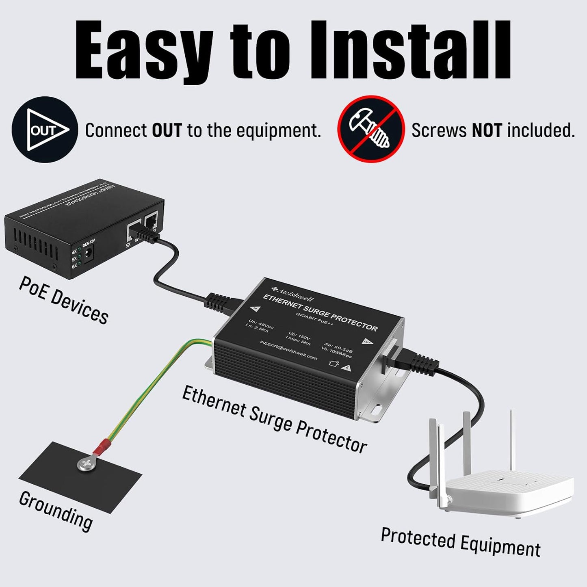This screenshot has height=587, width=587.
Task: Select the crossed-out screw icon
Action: (370, 129)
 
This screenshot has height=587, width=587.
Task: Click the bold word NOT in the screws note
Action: (487, 130)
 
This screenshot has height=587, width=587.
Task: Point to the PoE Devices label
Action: (63, 300)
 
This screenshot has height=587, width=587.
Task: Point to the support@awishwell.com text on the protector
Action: (288, 350)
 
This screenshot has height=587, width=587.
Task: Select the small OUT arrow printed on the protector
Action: (367, 341)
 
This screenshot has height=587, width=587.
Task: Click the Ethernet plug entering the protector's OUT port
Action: (418, 362)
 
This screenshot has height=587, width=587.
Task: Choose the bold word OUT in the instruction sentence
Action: (167, 130)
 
